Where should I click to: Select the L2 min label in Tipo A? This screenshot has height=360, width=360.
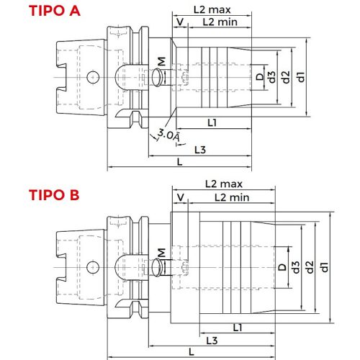(219, 22)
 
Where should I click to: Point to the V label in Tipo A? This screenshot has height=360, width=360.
(179, 22)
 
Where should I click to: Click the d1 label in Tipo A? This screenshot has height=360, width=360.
(302, 73)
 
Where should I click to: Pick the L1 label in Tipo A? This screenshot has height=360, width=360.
(213, 123)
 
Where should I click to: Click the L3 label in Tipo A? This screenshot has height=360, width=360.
(202, 149)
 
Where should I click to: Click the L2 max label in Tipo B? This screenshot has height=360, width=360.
(222, 184)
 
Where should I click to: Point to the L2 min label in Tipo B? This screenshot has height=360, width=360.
(231, 197)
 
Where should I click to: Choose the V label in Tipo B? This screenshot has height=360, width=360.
(179, 197)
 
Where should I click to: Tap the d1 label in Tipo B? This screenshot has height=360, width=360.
(325, 267)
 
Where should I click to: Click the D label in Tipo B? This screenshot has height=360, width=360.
(282, 267)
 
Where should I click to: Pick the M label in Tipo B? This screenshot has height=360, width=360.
(161, 252)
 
